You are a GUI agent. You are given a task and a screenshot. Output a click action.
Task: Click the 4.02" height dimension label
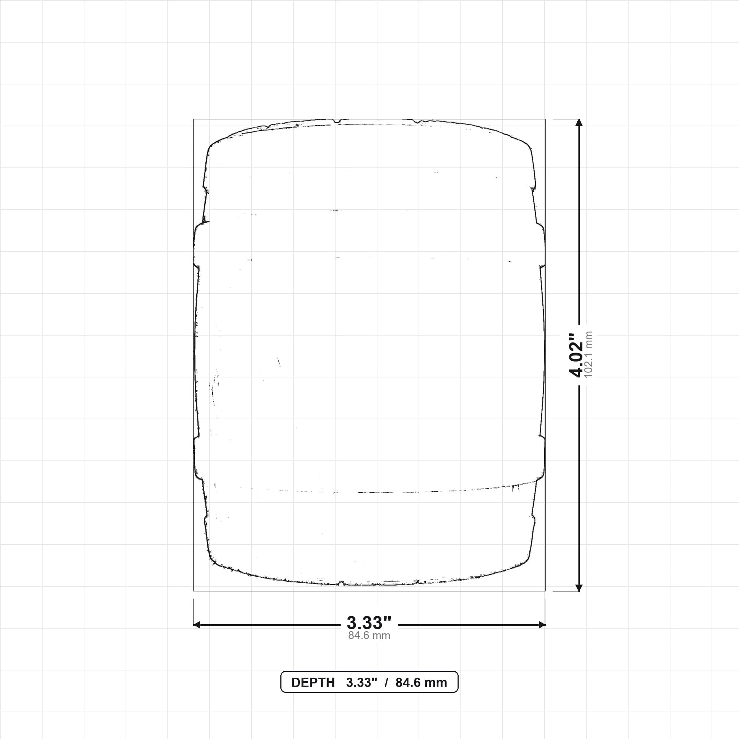pyautogui.click(x=576, y=355)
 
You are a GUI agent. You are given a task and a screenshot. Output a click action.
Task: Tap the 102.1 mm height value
pyautogui.click(x=589, y=355)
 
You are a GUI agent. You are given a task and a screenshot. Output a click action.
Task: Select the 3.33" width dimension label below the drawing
pyautogui.click(x=369, y=622)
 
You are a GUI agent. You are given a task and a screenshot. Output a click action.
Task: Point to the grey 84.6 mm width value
pyautogui.click(x=369, y=635)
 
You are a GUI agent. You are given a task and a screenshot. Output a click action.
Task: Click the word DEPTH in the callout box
pyautogui.click(x=313, y=683)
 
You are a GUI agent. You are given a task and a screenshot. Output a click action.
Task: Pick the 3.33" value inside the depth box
pyautogui.click(x=362, y=683)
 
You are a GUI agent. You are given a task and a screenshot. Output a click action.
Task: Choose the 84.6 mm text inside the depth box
pyautogui.click(x=421, y=683)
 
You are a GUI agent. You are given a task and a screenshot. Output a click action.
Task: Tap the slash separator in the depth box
pyautogui.click(x=386, y=683)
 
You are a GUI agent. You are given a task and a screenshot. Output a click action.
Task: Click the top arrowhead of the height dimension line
pyautogui.click(x=579, y=122)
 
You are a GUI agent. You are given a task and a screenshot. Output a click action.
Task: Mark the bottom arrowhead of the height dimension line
pyautogui.click(x=579, y=587)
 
